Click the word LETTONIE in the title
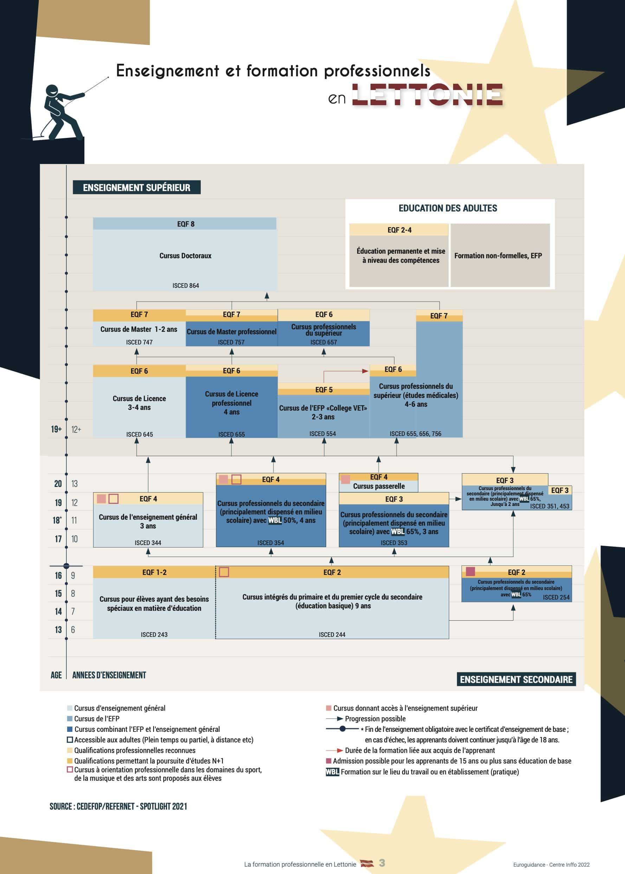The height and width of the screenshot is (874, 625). tap(427, 95)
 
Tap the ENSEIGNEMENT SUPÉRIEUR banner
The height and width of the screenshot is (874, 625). tap(137, 188)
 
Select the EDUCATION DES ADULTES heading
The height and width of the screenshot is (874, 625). tap(447, 208)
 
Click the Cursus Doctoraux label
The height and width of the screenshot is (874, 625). tap(185, 256)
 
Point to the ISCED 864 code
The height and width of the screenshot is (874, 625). tap(186, 285)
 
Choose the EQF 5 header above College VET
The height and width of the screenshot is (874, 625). tap(324, 390)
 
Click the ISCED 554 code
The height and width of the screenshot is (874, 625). tap(322, 434)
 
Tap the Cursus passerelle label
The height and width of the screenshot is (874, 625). tap(379, 487)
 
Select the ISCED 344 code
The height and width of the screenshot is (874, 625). tap(148, 543)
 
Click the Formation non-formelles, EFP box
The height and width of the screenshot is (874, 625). tap(498, 256)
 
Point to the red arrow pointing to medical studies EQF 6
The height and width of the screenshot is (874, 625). tap(364, 371)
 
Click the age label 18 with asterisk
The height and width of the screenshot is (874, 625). tap(57, 520)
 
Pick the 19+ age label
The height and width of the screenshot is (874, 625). tap(56, 429)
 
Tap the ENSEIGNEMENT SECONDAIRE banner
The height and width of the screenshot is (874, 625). tap(516, 679)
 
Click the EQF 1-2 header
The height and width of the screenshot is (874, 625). tap(154, 572)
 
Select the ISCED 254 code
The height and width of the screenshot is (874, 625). tap(556, 597)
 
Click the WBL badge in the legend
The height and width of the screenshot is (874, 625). tap(332, 772)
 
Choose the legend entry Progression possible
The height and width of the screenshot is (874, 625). tap(375, 719)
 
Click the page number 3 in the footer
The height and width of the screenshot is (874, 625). tap(382, 863)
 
